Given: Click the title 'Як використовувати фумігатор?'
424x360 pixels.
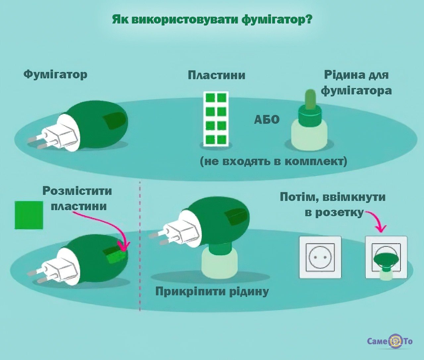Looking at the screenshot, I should tap(212, 19).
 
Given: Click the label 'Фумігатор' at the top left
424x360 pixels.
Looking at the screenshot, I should tap(55, 74).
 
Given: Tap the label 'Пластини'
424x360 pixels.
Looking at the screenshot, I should tap(216, 75).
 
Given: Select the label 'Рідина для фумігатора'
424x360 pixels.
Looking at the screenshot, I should tap(356, 82).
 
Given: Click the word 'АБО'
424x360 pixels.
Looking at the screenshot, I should tap(267, 119).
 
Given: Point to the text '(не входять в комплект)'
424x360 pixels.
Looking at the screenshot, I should tap(274, 161).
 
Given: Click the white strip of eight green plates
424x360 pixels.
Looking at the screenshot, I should tap(216, 119).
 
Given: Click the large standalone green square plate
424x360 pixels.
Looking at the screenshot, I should tap(29, 215).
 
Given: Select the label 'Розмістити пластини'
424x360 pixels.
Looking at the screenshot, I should tap(77, 198).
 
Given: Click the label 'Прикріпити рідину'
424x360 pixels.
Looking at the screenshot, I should tap(212, 291).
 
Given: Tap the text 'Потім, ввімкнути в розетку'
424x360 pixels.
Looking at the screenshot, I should tap(333, 204).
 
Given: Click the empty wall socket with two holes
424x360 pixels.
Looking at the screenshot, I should tap(320, 257).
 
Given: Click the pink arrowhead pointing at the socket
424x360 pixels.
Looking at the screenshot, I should tap(382, 228).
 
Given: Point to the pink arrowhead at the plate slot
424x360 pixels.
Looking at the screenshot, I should tap(125, 248).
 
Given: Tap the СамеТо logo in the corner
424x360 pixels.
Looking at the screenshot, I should tap(390, 341).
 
